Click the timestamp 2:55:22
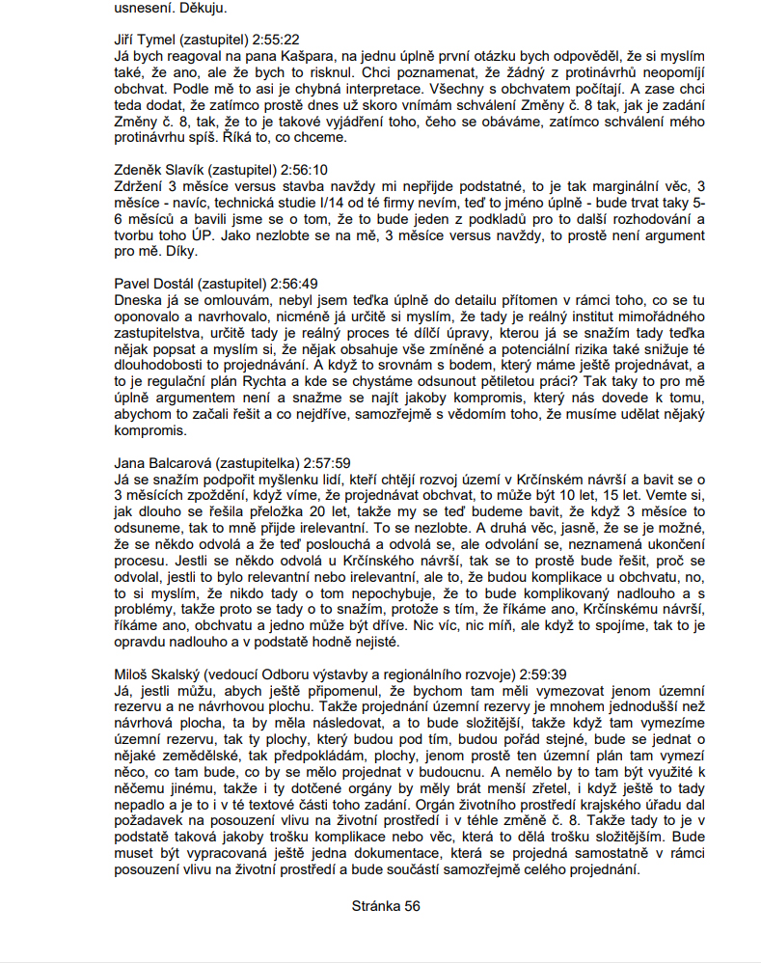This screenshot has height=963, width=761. click(275, 40)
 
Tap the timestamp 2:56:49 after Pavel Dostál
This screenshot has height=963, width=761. click(294, 284)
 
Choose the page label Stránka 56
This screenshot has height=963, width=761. click(385, 906)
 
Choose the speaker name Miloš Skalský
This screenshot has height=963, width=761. click(155, 674)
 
